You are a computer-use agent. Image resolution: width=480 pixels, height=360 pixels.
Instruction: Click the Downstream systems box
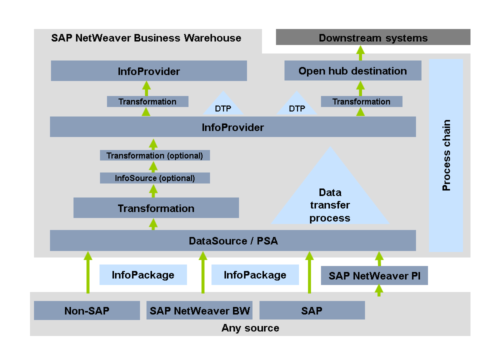[373, 37]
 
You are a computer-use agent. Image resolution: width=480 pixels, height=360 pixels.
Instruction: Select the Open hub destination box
[352, 70]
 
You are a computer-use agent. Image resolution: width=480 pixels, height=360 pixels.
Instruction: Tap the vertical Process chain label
[446, 155]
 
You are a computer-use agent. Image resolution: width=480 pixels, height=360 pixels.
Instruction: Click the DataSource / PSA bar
[233, 240]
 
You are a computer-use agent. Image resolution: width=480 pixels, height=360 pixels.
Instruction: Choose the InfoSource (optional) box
[154, 178]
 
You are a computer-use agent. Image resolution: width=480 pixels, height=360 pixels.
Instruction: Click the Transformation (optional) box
[154, 155]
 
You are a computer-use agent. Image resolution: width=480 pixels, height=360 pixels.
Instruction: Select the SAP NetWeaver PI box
[374, 275]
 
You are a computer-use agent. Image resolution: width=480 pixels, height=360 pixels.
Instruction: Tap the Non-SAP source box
[86, 310]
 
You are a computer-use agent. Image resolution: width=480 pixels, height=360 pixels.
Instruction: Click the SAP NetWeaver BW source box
[199, 310]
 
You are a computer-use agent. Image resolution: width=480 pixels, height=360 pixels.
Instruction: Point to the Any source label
[250, 328]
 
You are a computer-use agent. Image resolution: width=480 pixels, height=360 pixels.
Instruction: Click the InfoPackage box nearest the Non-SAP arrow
[143, 275]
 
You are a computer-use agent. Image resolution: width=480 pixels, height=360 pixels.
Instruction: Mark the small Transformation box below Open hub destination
[361, 101]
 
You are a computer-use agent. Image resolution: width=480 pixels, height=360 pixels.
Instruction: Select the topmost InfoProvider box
[148, 71]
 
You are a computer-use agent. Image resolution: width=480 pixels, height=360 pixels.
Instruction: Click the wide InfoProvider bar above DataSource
[233, 127]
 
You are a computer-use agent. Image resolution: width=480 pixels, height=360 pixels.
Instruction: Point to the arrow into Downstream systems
[360, 52]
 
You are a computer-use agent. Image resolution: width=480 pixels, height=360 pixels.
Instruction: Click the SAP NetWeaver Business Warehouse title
[146, 38]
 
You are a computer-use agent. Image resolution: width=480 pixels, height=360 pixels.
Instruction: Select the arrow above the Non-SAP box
[88, 272]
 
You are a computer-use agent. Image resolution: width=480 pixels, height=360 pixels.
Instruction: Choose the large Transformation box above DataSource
[156, 208]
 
